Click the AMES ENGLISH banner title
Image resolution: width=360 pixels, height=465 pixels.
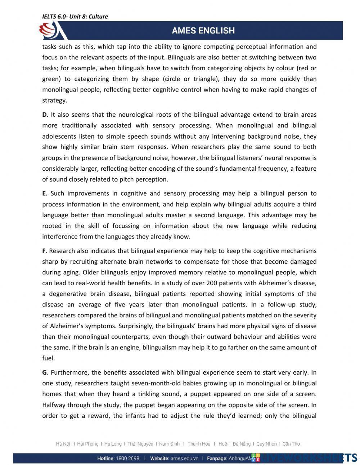203,31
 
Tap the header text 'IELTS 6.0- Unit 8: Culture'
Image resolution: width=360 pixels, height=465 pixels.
75,17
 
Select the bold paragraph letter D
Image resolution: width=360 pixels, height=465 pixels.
44,115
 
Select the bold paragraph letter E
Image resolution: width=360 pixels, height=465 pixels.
44,193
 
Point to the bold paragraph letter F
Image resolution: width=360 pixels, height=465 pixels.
44,251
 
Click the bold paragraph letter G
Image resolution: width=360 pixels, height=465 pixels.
44,372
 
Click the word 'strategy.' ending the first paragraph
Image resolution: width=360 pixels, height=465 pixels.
54,100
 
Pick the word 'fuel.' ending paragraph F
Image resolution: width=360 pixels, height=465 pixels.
49,358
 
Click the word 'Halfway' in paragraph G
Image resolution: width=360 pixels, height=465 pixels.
54,405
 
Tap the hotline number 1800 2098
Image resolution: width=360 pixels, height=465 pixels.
127,459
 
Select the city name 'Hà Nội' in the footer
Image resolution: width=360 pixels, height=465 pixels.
63,444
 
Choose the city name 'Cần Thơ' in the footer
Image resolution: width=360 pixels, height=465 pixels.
291,444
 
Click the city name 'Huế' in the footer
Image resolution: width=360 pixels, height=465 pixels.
223,444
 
